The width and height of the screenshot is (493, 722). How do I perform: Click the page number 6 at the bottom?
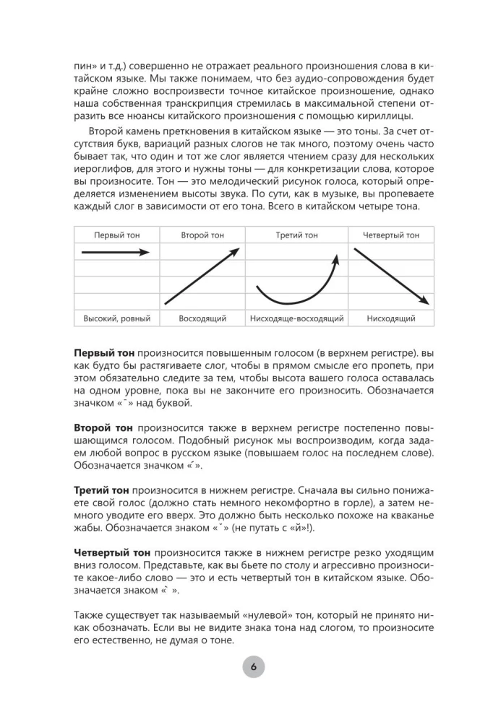[x=254, y=667]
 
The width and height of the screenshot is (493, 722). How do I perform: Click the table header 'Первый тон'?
[x=116, y=235]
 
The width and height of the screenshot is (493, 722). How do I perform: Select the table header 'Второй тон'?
[x=202, y=235]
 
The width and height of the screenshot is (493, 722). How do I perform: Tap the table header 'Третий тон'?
[x=296, y=235]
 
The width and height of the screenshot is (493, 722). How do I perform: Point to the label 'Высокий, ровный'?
[x=116, y=318]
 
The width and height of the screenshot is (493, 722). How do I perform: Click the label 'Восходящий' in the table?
[x=202, y=318]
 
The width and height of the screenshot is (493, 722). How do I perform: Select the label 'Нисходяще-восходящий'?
[x=296, y=318]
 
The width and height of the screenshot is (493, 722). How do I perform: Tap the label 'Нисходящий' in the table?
[x=391, y=318]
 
